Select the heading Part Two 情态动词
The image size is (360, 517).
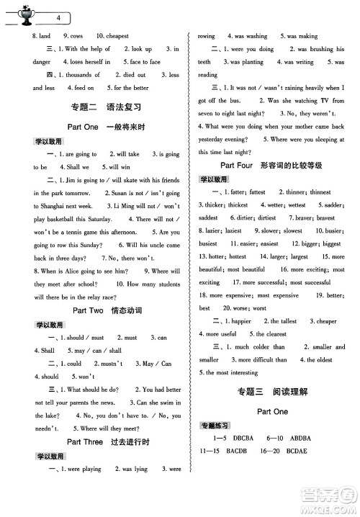(106, 310)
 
